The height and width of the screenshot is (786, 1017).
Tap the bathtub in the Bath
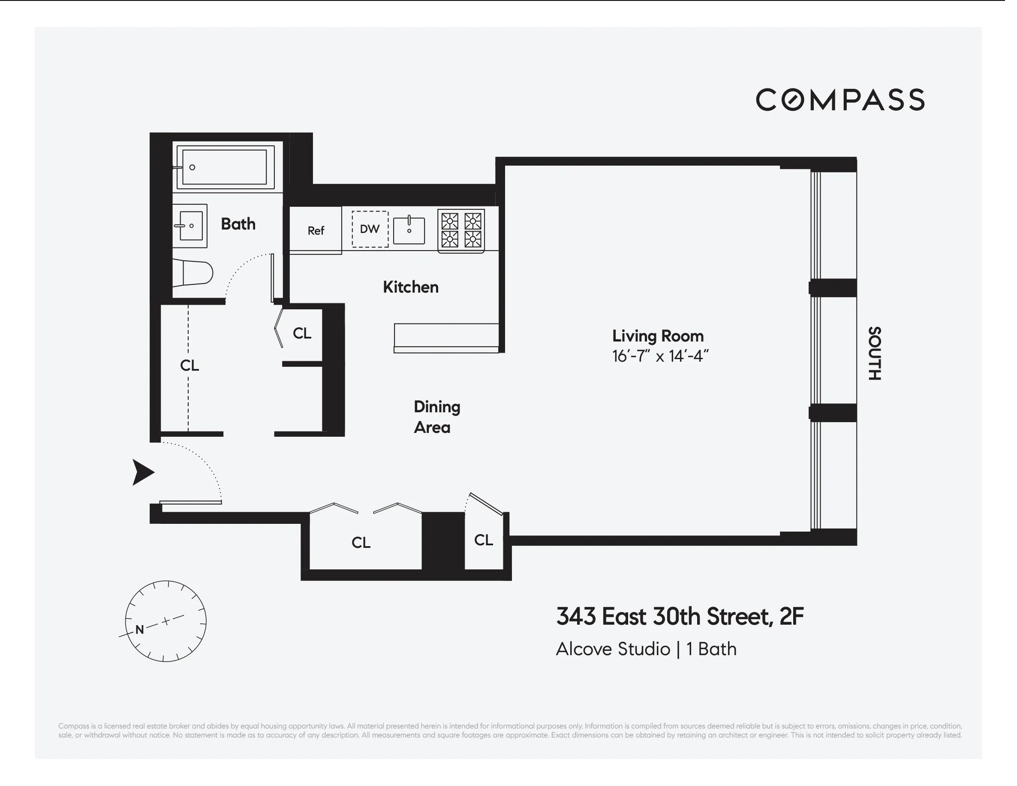226,167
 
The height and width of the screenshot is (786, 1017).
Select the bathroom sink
190,226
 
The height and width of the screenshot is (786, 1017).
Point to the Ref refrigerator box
316,230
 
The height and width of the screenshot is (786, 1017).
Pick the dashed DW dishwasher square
370,229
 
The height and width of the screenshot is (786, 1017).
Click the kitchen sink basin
409,230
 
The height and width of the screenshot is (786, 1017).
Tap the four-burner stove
461,230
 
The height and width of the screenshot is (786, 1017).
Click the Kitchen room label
410,287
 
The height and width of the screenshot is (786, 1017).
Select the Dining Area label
436,417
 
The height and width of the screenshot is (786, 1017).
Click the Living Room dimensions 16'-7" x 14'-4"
660,357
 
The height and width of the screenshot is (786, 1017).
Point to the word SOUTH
874,353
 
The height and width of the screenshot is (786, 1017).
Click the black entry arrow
142,472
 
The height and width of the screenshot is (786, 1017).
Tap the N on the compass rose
140,629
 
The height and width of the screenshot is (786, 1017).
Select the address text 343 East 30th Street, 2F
680,617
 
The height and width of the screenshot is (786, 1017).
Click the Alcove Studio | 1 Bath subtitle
646,649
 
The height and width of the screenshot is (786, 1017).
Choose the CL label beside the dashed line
190,365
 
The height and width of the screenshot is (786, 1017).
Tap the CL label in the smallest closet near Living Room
483,540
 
